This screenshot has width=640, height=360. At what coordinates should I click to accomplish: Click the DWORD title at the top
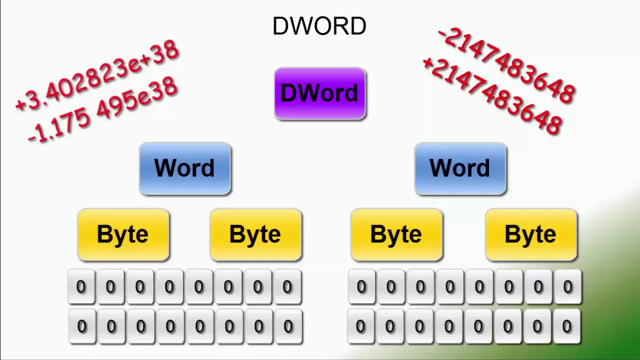[x=319, y=26]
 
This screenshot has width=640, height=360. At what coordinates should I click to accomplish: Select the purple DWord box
[x=320, y=94]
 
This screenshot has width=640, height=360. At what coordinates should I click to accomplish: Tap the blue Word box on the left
[x=185, y=168]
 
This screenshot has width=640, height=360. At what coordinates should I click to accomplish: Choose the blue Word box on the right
[x=460, y=168]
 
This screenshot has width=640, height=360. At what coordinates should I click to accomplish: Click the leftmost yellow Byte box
[x=123, y=234]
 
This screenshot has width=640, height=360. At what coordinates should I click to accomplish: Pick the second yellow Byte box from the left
[x=255, y=234]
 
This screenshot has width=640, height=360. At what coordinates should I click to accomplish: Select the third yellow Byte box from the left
[x=396, y=234]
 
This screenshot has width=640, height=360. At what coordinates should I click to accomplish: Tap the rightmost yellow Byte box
[x=530, y=234]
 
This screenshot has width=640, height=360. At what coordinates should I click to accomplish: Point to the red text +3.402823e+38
[x=97, y=75]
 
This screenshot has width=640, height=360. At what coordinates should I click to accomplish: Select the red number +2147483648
[x=492, y=95]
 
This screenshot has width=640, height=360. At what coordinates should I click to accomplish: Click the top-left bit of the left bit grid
[x=81, y=287]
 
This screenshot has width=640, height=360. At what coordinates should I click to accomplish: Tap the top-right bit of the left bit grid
[x=287, y=287]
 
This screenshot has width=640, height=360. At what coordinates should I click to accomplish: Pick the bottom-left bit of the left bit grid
[x=81, y=326]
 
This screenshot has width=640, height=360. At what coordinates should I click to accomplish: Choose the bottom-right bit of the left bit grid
[x=288, y=326]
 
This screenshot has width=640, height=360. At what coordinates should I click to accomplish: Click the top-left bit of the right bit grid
[x=361, y=287]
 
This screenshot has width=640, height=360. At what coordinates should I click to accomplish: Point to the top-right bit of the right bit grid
[x=567, y=287]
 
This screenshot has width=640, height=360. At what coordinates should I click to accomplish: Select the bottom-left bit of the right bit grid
[x=360, y=326]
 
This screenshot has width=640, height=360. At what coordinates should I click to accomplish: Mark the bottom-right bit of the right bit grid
[x=566, y=326]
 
